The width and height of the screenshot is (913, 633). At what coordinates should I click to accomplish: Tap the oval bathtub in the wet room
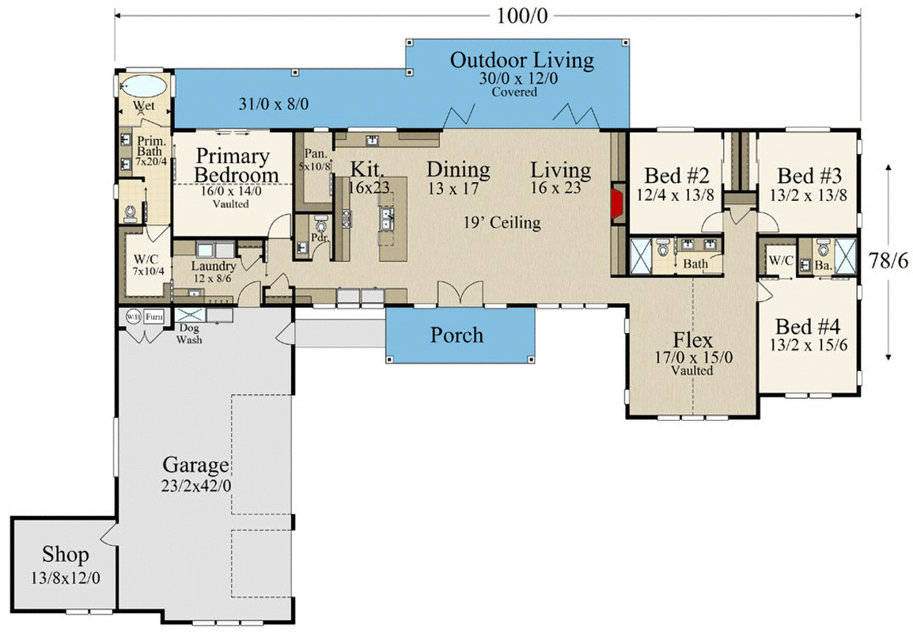[x=142, y=85]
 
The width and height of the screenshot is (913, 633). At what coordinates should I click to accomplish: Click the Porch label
[x=456, y=335]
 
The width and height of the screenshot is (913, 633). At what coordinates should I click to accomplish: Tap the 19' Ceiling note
[x=502, y=222]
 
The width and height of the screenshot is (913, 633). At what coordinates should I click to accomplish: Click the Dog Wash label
[x=189, y=335]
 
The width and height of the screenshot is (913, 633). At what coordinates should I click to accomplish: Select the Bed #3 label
[x=809, y=175]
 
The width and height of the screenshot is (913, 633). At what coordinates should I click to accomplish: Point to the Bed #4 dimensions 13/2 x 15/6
[x=809, y=345]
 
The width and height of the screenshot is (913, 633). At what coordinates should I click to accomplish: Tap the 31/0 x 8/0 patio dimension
[x=274, y=104]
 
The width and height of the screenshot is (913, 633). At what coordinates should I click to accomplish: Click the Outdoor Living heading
[x=521, y=60]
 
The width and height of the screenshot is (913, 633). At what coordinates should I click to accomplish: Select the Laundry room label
[x=213, y=266]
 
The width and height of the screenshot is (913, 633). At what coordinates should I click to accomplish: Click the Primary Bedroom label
[x=233, y=165]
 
